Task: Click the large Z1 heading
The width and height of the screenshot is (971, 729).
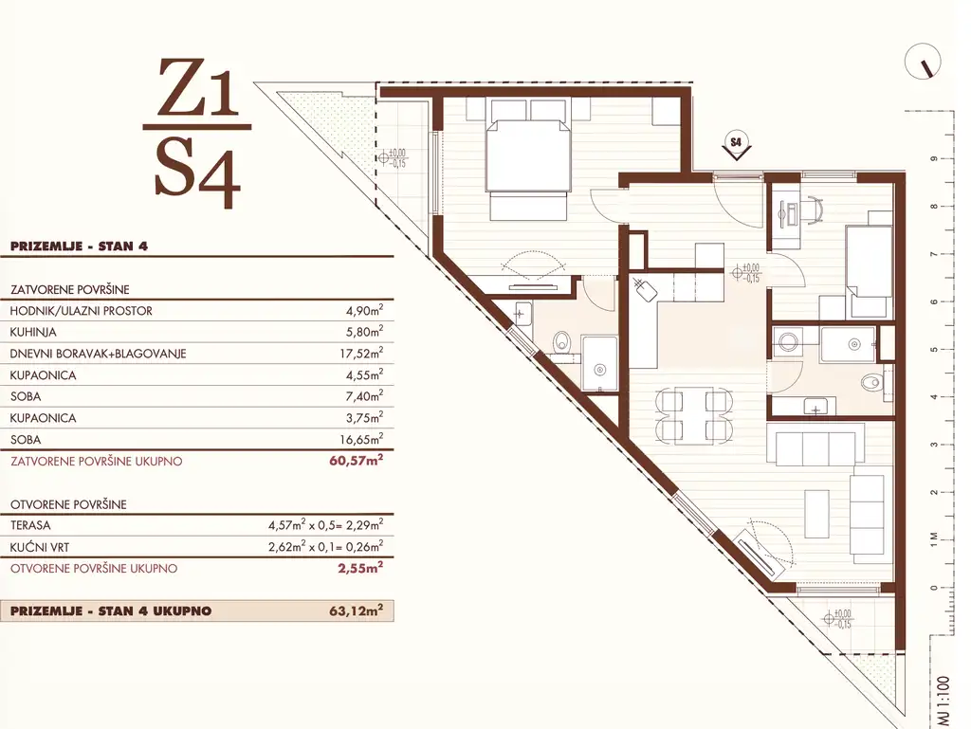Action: click(197, 88)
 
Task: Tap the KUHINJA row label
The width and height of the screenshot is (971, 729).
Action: click(33, 333)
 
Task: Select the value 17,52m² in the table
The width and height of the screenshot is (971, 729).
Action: click(364, 353)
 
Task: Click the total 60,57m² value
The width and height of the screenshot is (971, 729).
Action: click(357, 461)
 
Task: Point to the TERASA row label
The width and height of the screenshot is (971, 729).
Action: click(31, 525)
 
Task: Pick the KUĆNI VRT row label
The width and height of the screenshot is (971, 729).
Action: click(40, 547)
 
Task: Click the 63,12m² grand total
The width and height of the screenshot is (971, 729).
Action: click(357, 611)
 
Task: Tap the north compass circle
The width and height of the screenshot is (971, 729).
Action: click(923, 63)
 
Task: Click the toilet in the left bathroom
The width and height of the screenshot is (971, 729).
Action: click(562, 339)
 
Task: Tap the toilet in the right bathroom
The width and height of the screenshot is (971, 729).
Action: click(871, 382)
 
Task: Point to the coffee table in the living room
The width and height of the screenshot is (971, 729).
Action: click(816, 514)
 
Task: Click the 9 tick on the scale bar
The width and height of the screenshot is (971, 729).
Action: click(934, 159)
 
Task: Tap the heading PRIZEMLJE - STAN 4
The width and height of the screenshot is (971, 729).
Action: click(79, 246)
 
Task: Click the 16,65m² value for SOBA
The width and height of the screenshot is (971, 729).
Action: click(364, 439)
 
